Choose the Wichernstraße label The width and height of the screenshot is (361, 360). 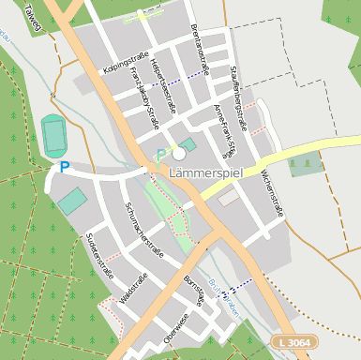pos(271,193)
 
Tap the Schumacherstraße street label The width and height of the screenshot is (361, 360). pos(144,231)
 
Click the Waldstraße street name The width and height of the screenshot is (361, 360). pos(134,286)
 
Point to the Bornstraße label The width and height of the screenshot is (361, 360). pos(194,291)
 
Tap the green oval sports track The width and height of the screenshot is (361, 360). pos(55,137)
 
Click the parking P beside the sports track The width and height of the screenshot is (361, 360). pos(64,167)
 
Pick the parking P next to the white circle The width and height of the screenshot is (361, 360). pos(160,155)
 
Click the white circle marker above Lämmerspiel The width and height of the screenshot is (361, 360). pos(179,152)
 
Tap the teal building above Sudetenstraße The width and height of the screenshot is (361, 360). pos(70,201)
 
